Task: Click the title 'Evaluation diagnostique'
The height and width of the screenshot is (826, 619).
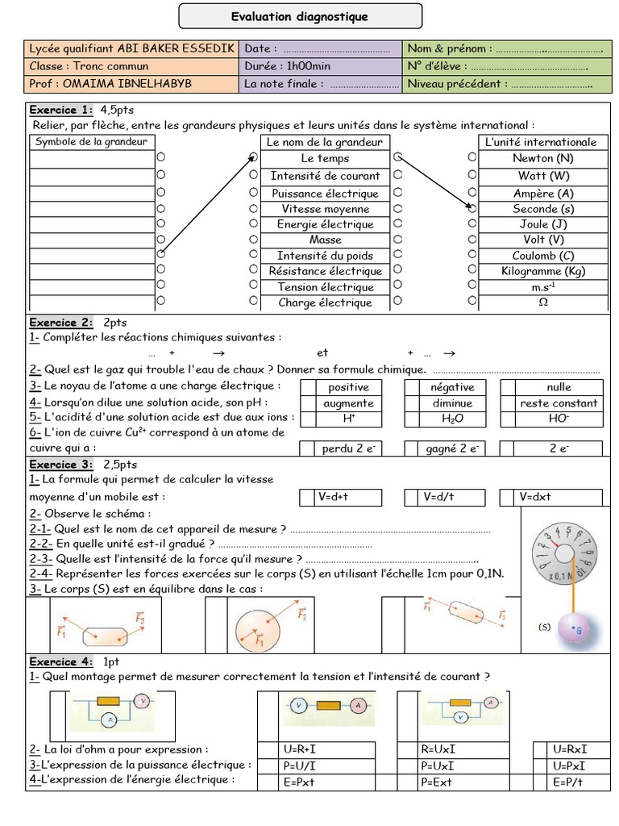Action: tap(299, 16)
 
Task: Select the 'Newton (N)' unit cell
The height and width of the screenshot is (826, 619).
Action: tap(542, 158)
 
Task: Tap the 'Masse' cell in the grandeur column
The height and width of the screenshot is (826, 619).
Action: tap(325, 240)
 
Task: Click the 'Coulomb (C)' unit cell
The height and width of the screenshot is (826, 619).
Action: tap(542, 256)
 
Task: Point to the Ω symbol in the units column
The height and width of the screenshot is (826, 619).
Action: tap(542, 302)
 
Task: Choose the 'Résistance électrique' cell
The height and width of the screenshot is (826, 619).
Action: tap(325, 271)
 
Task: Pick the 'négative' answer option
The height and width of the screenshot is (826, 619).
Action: tap(452, 387)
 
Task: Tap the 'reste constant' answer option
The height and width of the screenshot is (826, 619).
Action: tap(559, 403)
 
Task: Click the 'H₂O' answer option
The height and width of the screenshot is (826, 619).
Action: tap(452, 419)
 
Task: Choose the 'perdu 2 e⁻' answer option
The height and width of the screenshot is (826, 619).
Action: tap(348, 449)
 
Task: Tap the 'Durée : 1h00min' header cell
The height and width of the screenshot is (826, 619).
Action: tap(287, 66)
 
